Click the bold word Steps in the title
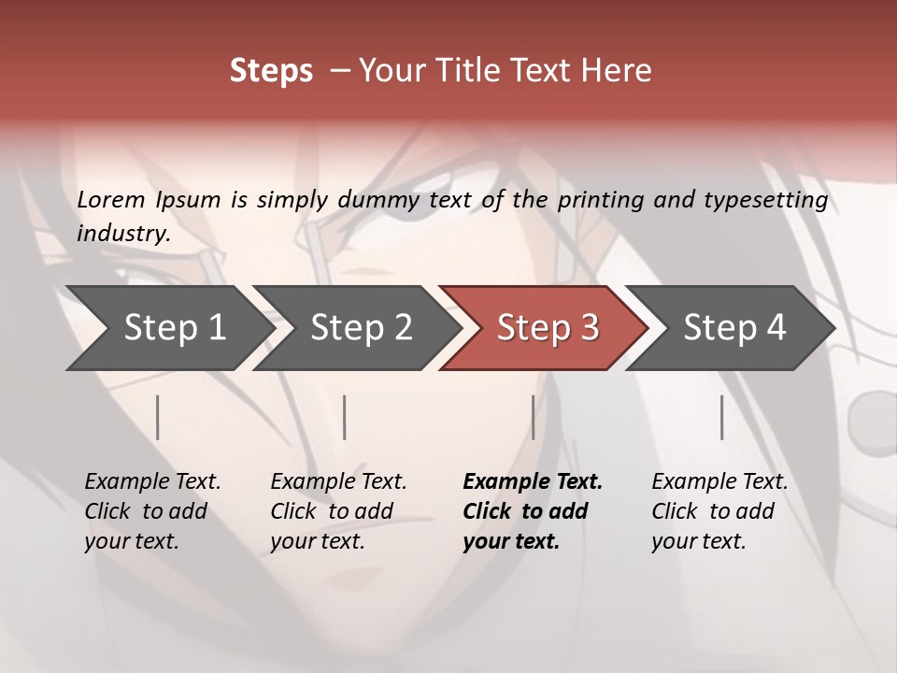(x=271, y=71)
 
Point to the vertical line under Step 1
(x=158, y=417)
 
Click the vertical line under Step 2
(x=345, y=417)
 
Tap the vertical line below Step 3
(x=533, y=417)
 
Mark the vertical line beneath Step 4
(x=721, y=417)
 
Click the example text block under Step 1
(x=152, y=511)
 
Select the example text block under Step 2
(x=338, y=511)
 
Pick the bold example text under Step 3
(x=532, y=511)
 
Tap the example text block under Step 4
(x=719, y=511)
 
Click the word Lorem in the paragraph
(x=111, y=200)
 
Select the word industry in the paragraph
(x=123, y=234)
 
